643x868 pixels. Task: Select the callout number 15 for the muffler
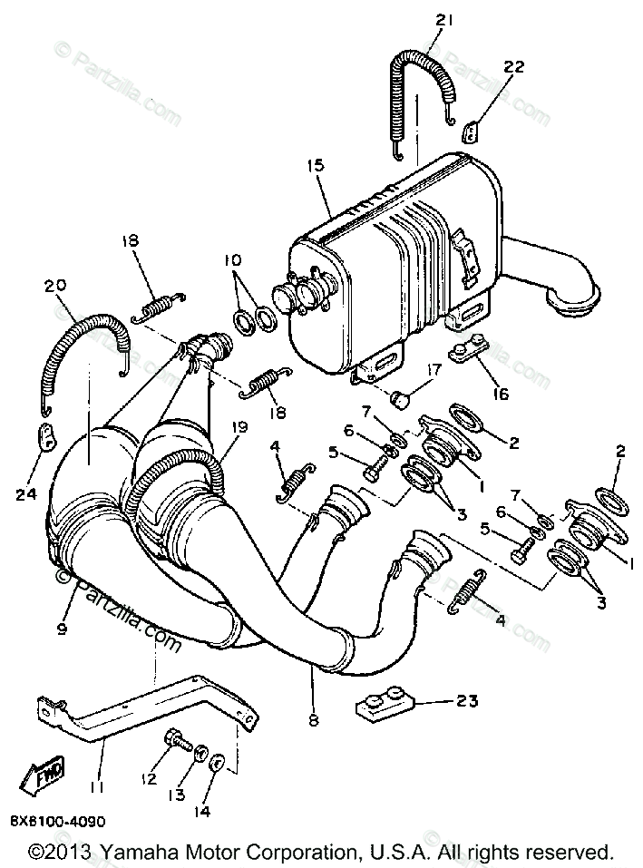click(314, 166)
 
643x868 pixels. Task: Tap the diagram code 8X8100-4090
click(57, 822)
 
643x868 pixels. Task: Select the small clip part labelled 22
click(469, 132)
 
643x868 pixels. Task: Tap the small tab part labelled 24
click(43, 434)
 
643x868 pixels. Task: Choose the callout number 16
click(500, 394)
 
